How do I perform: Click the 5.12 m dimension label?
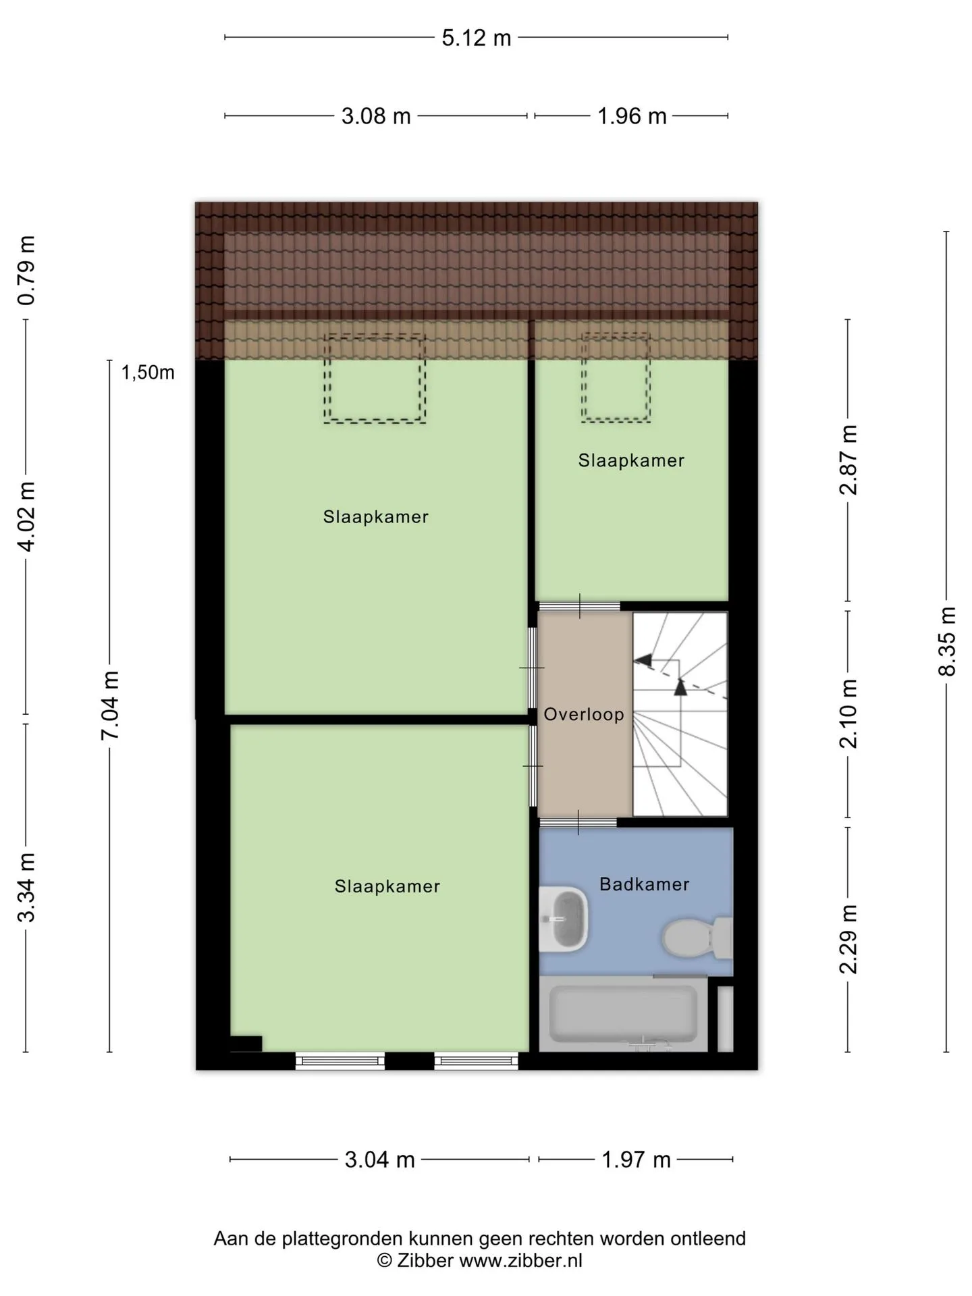(x=477, y=38)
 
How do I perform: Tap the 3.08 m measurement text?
(x=376, y=116)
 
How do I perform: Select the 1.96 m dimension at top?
(x=632, y=116)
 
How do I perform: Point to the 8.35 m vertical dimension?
(x=947, y=641)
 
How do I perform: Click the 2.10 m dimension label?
(x=848, y=713)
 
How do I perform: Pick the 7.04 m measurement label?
(x=110, y=705)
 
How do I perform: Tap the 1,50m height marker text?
(x=148, y=372)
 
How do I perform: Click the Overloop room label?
(x=584, y=714)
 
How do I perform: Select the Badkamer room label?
(x=645, y=884)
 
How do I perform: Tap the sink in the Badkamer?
(x=564, y=919)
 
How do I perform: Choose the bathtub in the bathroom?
(x=623, y=1014)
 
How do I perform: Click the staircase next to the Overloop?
(x=680, y=714)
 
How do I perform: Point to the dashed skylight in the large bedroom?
(x=375, y=378)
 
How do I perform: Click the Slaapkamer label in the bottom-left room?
(x=387, y=886)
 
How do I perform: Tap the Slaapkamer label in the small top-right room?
(x=631, y=460)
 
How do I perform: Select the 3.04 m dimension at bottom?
(x=379, y=1160)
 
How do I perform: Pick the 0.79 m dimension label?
(x=26, y=271)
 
